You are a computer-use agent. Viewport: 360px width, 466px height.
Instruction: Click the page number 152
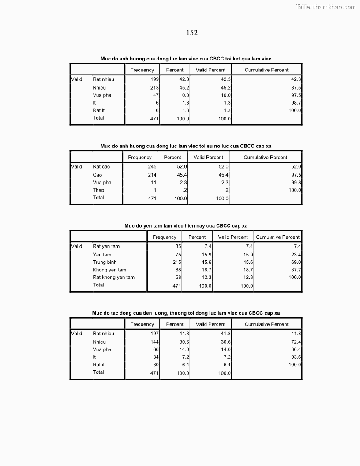click(x=192, y=33)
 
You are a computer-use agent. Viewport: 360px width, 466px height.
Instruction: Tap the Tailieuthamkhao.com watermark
click(x=326, y=7)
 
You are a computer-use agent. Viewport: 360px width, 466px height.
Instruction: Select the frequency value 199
click(x=154, y=79)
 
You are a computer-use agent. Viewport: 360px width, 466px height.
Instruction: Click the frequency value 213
click(x=154, y=88)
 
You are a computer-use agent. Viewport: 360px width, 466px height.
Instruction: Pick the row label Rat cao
click(x=101, y=167)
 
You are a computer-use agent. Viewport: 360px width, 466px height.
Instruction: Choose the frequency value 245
click(x=152, y=167)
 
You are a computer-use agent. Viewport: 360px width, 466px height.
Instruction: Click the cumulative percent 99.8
click(x=296, y=183)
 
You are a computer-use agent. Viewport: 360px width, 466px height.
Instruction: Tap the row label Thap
click(x=98, y=190)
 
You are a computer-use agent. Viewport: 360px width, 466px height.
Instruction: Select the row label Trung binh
click(x=105, y=263)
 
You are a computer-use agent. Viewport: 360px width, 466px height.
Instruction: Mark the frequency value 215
click(x=176, y=263)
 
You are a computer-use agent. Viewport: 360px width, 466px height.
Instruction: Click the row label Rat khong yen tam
click(x=113, y=278)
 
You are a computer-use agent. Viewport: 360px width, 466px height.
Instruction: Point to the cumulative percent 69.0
click(x=296, y=263)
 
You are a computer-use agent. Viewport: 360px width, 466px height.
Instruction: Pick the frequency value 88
click(x=178, y=270)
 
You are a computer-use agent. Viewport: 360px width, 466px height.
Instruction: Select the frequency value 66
click(x=156, y=349)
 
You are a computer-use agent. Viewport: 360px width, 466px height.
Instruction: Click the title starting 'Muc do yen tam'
click(x=186, y=226)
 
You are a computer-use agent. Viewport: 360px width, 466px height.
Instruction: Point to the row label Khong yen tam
click(x=109, y=270)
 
